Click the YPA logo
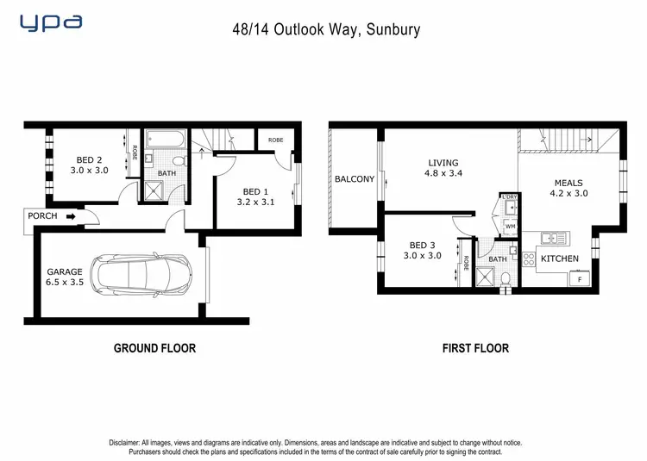click(52, 23)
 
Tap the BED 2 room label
click(90, 165)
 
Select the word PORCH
click(42, 216)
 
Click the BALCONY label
click(355, 179)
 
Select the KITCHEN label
click(560, 259)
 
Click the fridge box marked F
click(579, 279)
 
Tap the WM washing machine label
click(510, 227)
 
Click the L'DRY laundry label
click(510, 197)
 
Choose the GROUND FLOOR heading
click(154, 348)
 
